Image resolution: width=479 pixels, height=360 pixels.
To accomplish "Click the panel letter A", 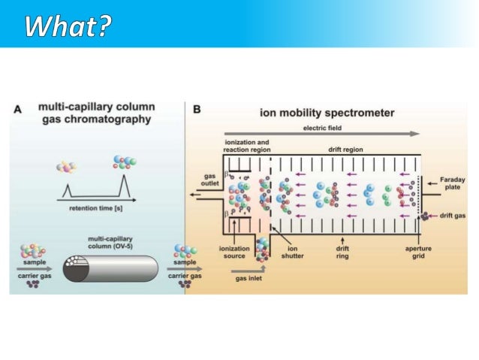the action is click(19, 109).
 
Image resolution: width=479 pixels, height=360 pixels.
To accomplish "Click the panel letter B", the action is click(197, 110).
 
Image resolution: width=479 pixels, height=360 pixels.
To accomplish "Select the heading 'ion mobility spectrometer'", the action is click(327, 113).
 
